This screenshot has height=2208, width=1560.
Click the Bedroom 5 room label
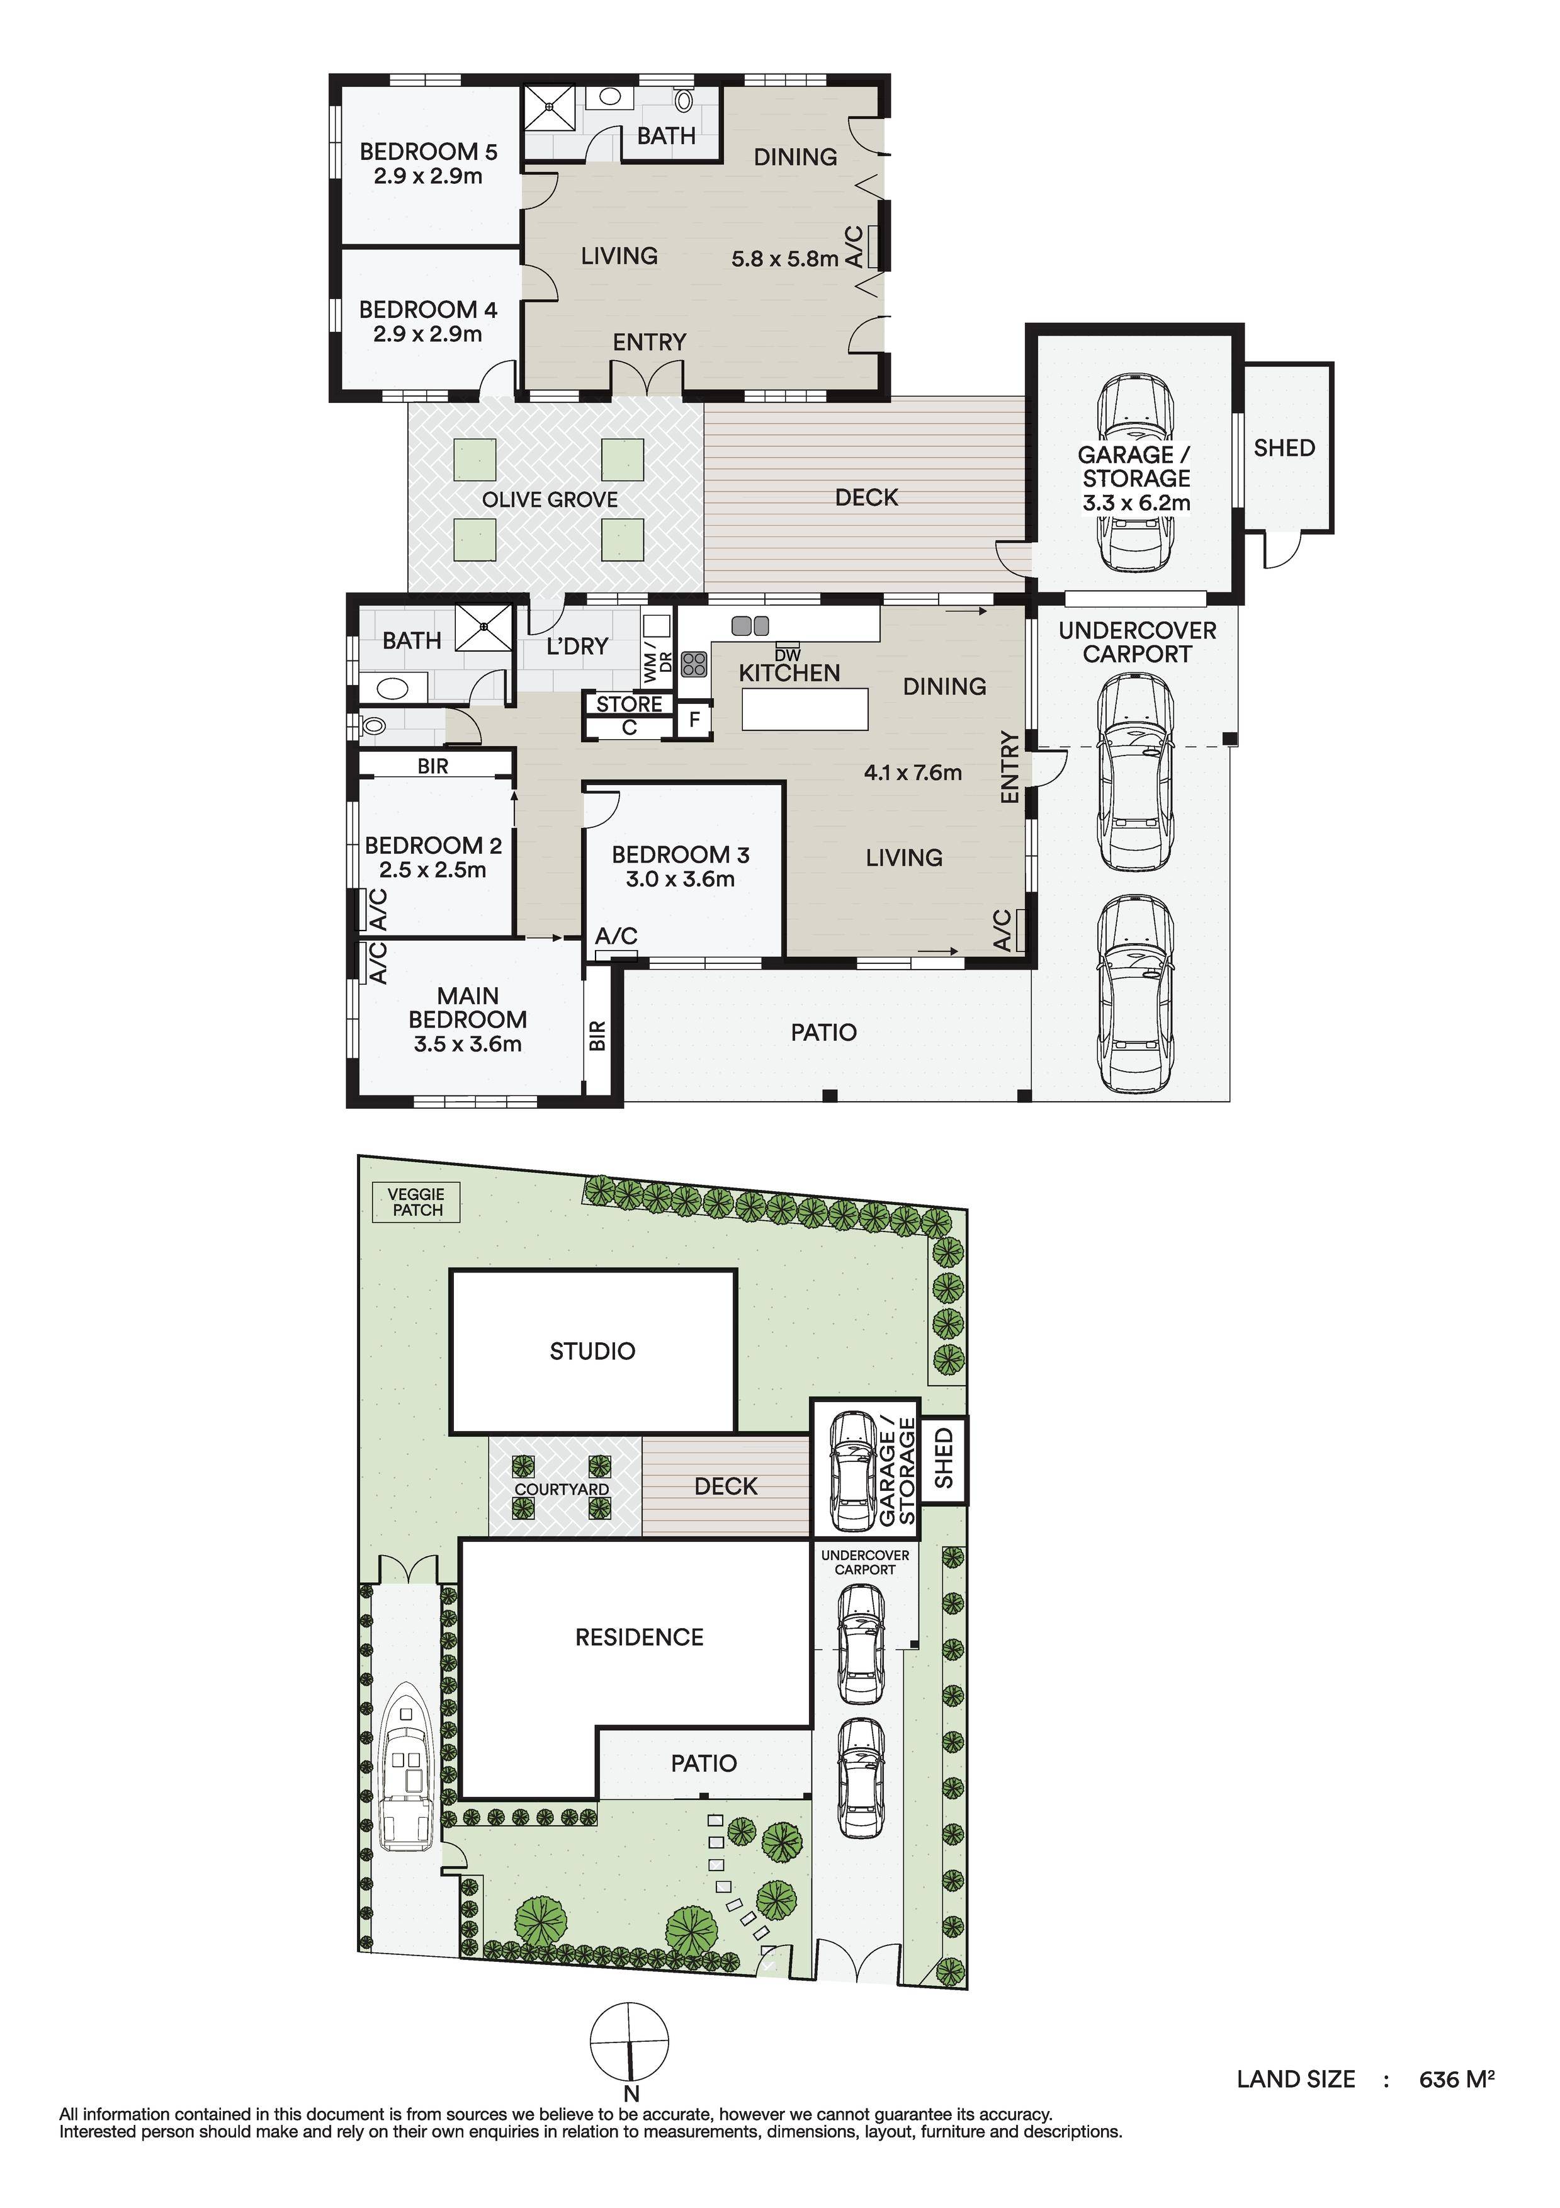[x=428, y=152]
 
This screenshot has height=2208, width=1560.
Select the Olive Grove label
[x=549, y=500]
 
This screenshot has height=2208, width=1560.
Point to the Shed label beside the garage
[x=1284, y=448]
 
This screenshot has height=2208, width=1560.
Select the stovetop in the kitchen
[x=694, y=664]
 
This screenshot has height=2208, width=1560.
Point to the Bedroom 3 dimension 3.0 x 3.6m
[x=680, y=879]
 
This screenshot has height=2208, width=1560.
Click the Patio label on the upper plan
[x=823, y=1033]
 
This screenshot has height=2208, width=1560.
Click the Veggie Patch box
[x=417, y=1202]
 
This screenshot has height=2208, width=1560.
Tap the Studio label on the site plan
[x=592, y=1351]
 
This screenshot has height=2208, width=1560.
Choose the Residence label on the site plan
[x=640, y=1637]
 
